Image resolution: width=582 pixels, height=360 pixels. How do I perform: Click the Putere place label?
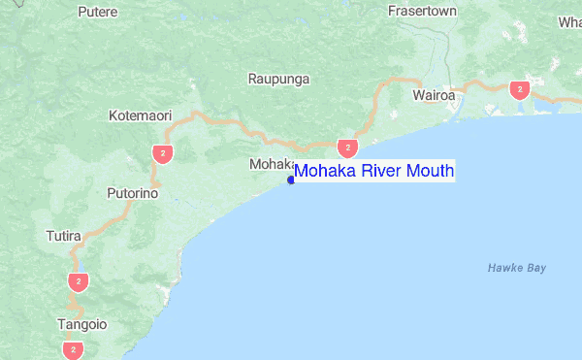point(97,13)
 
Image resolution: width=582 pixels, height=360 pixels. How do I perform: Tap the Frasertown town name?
point(422,13)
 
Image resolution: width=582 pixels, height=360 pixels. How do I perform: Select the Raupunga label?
point(278,79)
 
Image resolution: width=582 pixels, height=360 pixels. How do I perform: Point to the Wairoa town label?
point(434,96)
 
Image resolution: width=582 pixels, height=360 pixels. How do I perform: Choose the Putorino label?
point(133,193)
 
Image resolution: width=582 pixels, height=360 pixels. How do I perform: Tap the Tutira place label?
point(64,236)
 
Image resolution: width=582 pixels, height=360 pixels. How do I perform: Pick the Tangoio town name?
point(81,324)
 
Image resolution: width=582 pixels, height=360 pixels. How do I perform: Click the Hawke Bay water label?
point(517,267)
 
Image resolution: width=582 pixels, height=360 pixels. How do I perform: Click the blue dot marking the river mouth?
point(291,180)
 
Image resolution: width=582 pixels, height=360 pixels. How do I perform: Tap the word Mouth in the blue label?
point(430,172)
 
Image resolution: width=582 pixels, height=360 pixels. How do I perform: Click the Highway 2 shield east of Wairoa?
point(521,90)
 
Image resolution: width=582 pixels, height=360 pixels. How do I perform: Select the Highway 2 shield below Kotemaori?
point(162,152)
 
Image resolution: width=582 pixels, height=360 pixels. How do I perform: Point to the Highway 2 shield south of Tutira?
point(79,281)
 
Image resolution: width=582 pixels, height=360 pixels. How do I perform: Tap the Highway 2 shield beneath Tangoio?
point(71,348)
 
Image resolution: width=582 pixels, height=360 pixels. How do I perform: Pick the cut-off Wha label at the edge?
point(569,21)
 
